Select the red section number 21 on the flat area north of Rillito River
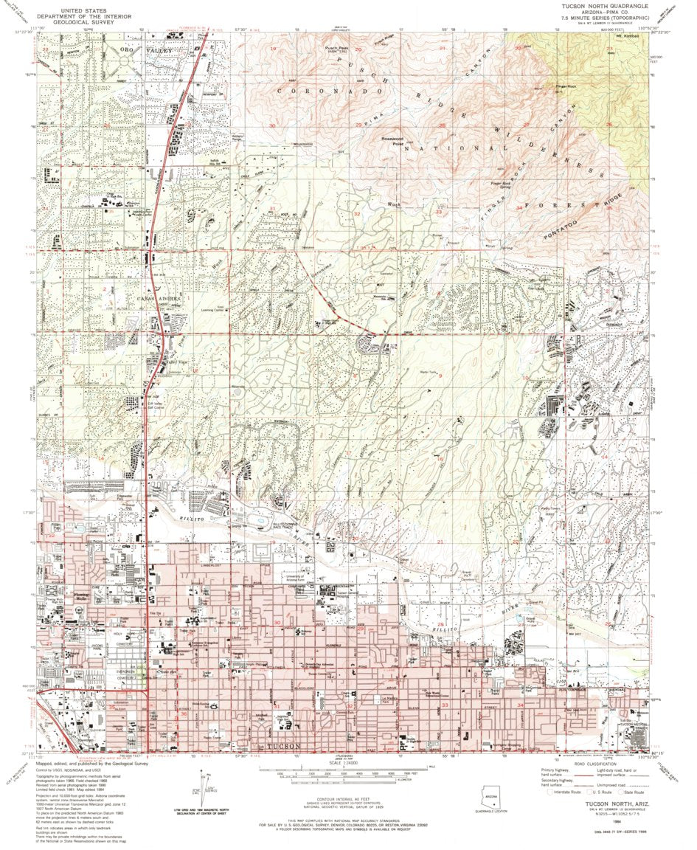[440, 542]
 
